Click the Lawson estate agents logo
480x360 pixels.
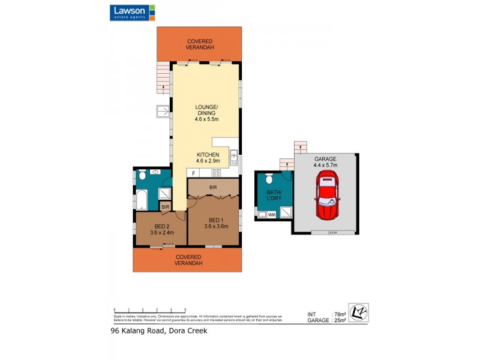(132, 13)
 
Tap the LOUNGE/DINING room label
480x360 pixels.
(205, 113)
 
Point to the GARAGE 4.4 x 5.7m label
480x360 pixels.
(325, 162)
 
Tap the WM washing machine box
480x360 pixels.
(272, 214)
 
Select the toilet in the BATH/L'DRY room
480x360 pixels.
(269, 179)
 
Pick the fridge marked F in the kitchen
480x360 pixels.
(193, 173)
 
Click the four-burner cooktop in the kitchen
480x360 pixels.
(215, 173)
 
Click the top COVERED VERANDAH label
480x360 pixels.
(200, 44)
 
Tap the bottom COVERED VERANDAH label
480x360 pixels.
(188, 260)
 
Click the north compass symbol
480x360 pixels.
(358, 313)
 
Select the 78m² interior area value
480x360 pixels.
(340, 314)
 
